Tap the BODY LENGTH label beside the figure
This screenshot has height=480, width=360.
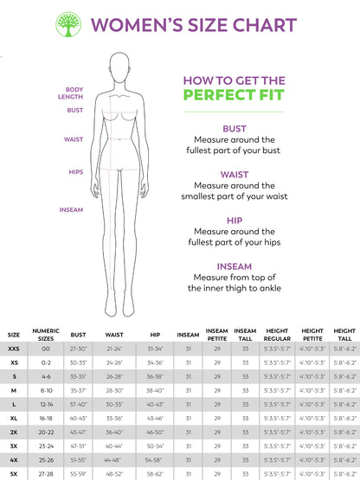click(74, 93)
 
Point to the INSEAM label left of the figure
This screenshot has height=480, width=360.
click(71, 209)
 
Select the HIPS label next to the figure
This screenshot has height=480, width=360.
click(76, 171)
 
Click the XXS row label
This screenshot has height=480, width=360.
click(14, 348)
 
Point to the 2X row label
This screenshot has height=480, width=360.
click(14, 430)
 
